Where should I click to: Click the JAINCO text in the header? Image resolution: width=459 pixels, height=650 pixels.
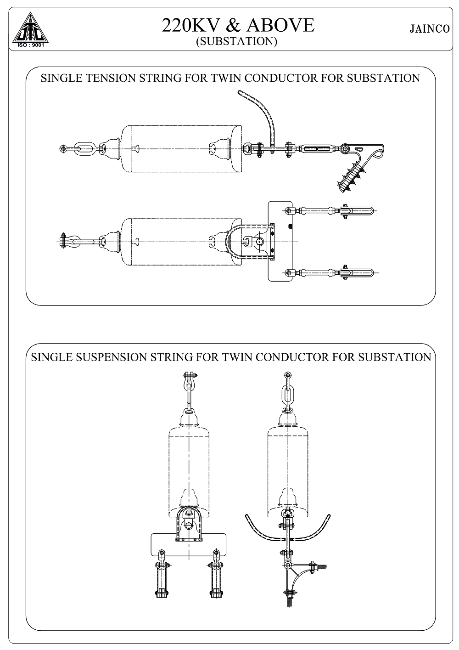tap(428, 29)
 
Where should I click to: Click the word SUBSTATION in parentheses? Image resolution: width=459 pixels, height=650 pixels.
tap(237, 41)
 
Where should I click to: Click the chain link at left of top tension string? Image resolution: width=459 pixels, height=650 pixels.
tap(84, 148)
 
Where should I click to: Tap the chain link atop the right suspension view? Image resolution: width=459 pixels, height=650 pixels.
tap(287, 393)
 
